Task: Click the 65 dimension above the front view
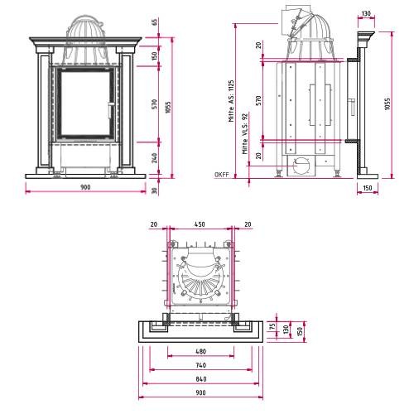[x=155, y=22]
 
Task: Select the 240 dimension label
[x=155, y=158]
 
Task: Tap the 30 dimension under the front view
[x=155, y=190]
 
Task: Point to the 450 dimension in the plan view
[x=200, y=224]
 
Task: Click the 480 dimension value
[x=201, y=351]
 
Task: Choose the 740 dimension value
[x=201, y=365]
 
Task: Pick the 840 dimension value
[x=201, y=379]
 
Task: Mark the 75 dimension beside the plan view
[x=272, y=326]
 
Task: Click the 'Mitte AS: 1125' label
[x=231, y=101]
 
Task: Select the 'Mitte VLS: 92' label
[x=245, y=133]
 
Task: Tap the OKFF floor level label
[x=222, y=175]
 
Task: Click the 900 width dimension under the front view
[x=85, y=187]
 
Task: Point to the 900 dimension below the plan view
[x=201, y=392]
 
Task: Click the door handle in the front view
[x=110, y=110]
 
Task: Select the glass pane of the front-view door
[x=85, y=103]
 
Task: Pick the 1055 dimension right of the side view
[x=388, y=103]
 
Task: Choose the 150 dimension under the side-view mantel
[x=368, y=188]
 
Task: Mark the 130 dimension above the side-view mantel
[x=366, y=13]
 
